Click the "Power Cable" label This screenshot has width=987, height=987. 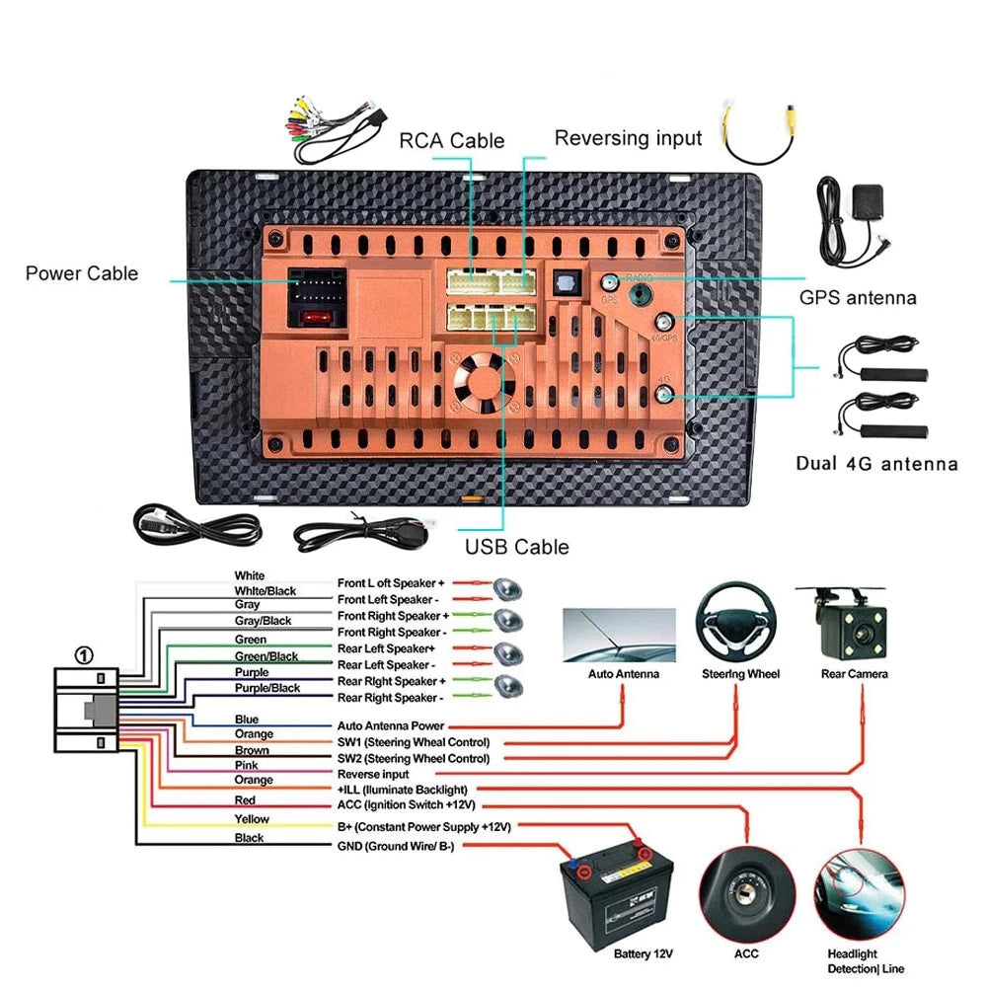[x=82, y=273]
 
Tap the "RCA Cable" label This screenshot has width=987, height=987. [x=451, y=141]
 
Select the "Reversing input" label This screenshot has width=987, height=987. [x=628, y=138]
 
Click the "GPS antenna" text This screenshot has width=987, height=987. [x=858, y=297]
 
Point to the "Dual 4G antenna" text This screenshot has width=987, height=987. [x=876, y=463]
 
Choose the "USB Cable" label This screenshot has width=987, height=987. [x=516, y=546]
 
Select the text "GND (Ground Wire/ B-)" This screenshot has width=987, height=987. [x=396, y=846]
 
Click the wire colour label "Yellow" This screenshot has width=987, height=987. [x=251, y=819]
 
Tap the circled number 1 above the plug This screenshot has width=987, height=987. [x=85, y=653]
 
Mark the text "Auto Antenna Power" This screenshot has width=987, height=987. [x=389, y=725]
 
